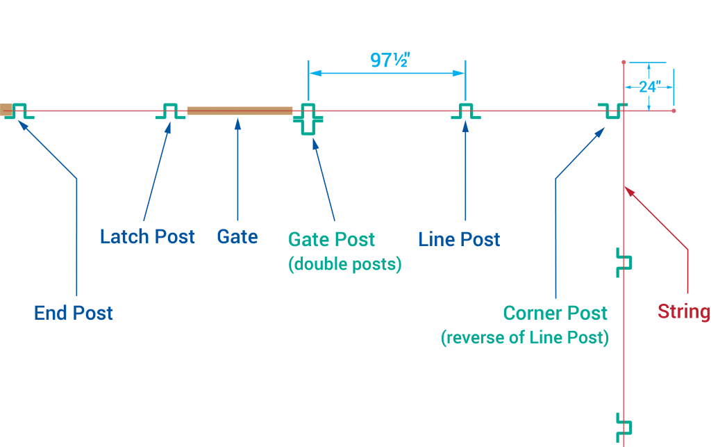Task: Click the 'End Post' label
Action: (x=74, y=313)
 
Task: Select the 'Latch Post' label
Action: (x=147, y=236)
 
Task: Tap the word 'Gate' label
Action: (x=237, y=236)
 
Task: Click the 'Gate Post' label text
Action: (x=332, y=240)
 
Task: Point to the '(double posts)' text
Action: (x=345, y=265)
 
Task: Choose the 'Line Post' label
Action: (x=459, y=240)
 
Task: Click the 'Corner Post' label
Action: (x=555, y=313)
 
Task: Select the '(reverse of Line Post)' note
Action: (x=525, y=338)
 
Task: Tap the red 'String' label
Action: (x=683, y=311)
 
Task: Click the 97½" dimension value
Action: (x=389, y=60)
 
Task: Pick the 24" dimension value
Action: (x=649, y=88)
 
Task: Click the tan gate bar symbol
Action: (x=240, y=111)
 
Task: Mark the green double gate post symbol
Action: (x=308, y=120)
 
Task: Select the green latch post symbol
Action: (x=170, y=111)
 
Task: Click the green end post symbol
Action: (x=19, y=111)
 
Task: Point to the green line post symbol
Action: (x=466, y=111)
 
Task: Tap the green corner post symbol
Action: (x=612, y=111)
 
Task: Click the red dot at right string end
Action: (x=674, y=111)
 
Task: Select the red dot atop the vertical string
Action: (x=624, y=62)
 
